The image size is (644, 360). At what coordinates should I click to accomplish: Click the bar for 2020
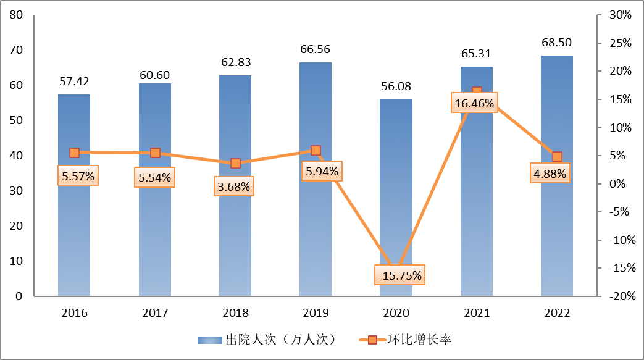coord(396,198)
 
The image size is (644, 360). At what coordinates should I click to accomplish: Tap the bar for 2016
coord(74,235)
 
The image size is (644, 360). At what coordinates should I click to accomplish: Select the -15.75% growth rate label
coord(399,275)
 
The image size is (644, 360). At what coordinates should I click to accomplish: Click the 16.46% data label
coord(474,103)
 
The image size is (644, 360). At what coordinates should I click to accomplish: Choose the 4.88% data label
coord(550,174)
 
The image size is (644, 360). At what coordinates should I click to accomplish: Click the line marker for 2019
coord(316,150)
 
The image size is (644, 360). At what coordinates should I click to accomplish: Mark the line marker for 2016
coord(74,153)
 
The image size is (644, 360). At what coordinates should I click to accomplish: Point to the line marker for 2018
coord(235,163)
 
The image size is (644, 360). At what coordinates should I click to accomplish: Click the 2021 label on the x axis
coord(476,312)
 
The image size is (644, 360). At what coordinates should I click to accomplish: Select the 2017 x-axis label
coord(155,312)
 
